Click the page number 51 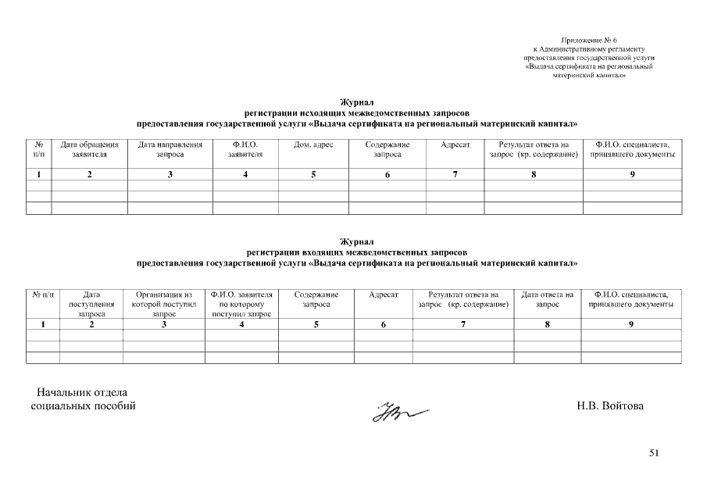654,452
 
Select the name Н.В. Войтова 610,406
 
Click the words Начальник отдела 82,392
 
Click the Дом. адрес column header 313,145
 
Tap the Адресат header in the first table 455,145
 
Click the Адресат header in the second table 384,295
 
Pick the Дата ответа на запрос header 548,299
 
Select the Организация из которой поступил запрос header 164,304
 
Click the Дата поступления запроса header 91,304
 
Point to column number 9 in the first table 632,174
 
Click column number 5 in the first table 313,174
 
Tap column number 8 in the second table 548,323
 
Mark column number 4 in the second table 242,323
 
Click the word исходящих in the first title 319,113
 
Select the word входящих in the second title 320,253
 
